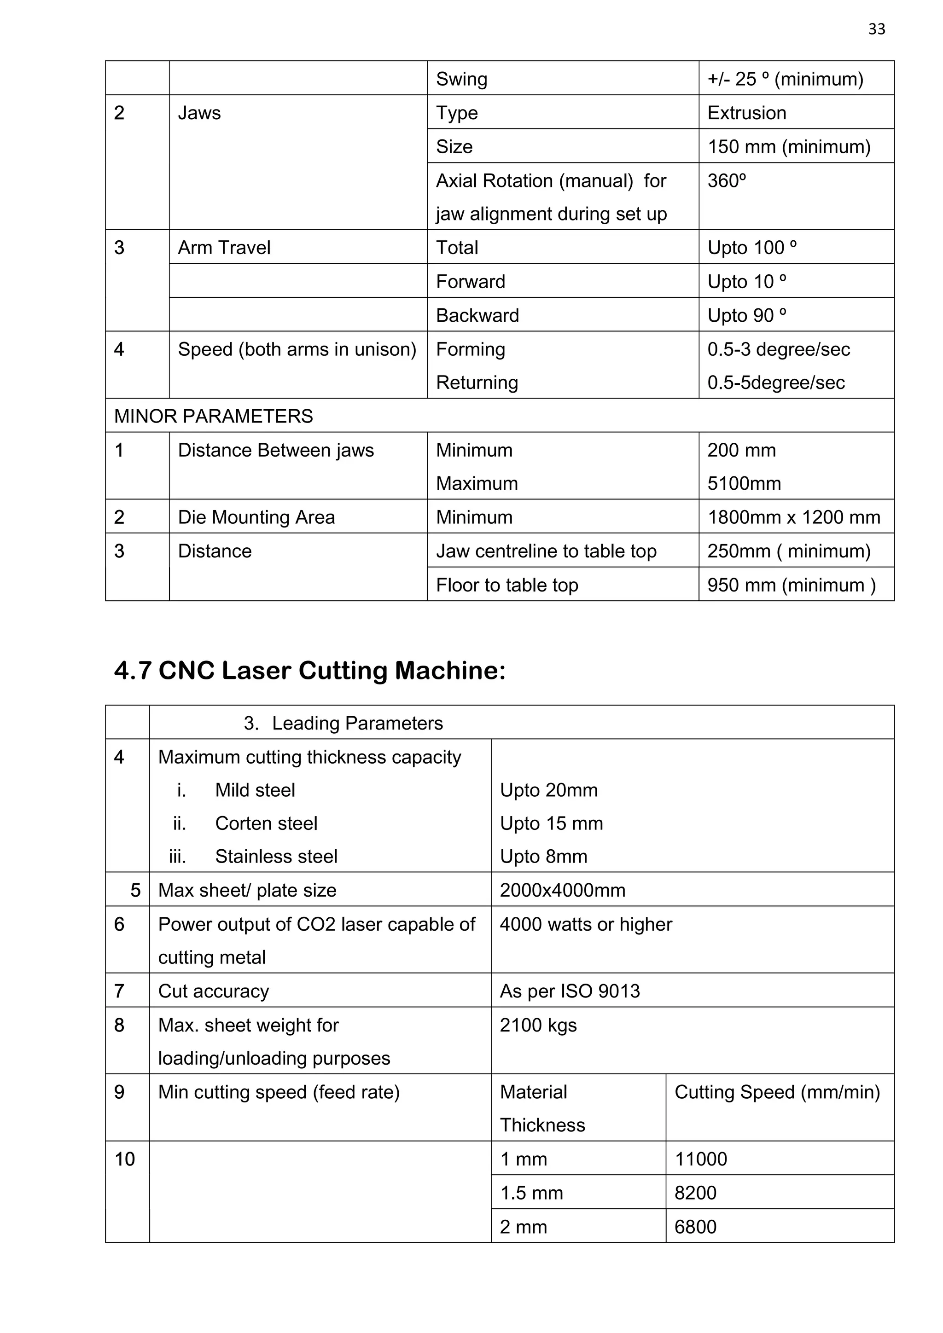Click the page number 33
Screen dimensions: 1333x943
[x=876, y=29]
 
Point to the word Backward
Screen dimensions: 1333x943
[x=477, y=315]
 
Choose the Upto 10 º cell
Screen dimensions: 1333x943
[x=747, y=282]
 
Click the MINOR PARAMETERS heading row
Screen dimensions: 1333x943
[x=214, y=416]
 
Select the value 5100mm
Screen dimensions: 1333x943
[x=744, y=483]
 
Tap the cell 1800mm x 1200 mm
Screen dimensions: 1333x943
[x=793, y=517]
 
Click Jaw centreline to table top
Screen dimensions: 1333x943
[x=546, y=551]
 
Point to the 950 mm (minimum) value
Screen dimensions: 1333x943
[x=791, y=585]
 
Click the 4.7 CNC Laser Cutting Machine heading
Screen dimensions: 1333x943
[x=309, y=671]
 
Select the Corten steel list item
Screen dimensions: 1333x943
[x=266, y=823]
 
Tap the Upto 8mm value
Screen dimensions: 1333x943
[x=543, y=856]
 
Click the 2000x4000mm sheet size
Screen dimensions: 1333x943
[x=562, y=890]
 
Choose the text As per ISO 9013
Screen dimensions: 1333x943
[x=570, y=991]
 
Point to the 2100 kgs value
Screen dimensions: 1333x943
[x=538, y=1025]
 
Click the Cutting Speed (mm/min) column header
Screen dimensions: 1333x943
[x=777, y=1092]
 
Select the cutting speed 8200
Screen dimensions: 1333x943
[x=695, y=1193]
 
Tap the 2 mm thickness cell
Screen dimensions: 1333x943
[x=523, y=1227]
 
